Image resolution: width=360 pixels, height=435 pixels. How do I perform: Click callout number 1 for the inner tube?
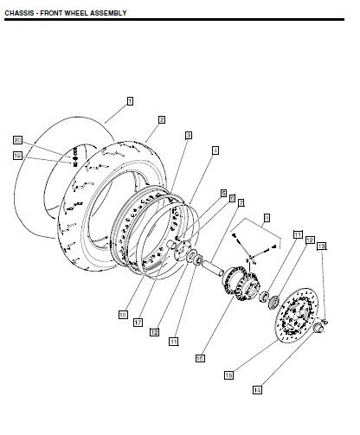(x=130, y=101)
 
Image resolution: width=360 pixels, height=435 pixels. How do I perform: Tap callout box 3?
(x=188, y=136)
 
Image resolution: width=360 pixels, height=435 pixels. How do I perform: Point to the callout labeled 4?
(x=215, y=150)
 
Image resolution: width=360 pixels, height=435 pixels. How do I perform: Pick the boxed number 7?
(x=241, y=202)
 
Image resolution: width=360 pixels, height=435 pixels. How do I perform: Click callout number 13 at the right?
(x=321, y=246)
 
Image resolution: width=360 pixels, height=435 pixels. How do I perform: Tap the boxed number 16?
(x=200, y=355)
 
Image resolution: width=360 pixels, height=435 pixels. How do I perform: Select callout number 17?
(x=138, y=322)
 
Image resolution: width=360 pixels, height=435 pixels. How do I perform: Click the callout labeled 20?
(x=17, y=139)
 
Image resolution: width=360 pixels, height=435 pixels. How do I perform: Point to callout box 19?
(x=17, y=156)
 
